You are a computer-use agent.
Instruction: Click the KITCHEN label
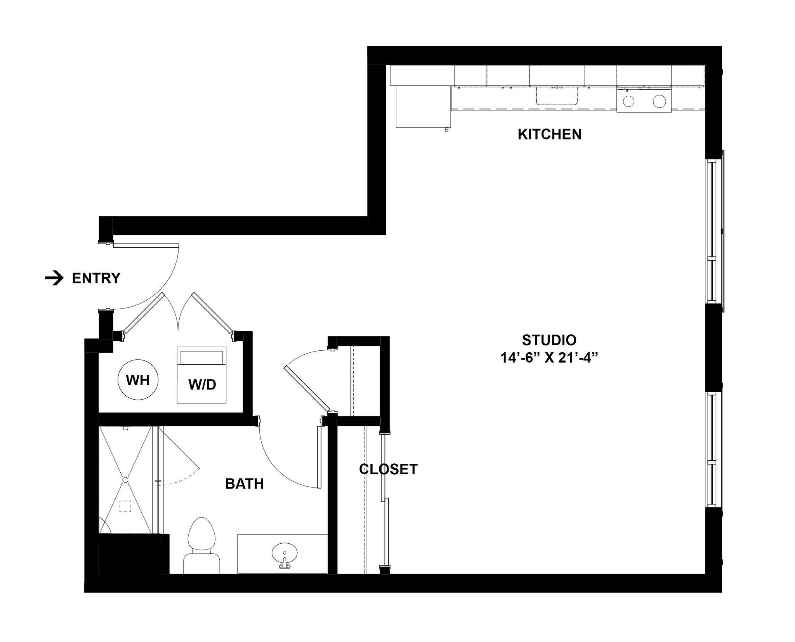(x=549, y=134)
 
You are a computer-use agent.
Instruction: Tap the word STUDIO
(x=549, y=340)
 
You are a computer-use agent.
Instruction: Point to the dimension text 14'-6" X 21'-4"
(x=548, y=358)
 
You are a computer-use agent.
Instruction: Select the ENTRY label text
(x=96, y=278)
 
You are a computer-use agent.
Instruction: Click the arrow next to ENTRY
(x=54, y=278)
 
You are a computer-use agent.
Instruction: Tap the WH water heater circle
(x=138, y=380)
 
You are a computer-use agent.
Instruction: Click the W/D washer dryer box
(x=201, y=375)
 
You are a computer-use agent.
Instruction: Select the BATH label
(x=244, y=484)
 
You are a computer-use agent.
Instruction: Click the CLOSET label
(x=388, y=469)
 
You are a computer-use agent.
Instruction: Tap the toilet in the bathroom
(x=201, y=544)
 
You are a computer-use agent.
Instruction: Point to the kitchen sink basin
(x=557, y=96)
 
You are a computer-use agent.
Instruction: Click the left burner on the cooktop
(x=628, y=101)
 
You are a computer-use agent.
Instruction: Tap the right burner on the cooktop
(x=659, y=101)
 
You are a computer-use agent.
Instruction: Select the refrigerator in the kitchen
(x=420, y=106)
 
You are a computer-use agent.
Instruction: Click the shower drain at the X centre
(x=125, y=480)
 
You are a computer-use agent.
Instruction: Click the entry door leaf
(x=146, y=245)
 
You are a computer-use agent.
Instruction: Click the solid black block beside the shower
(x=130, y=554)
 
